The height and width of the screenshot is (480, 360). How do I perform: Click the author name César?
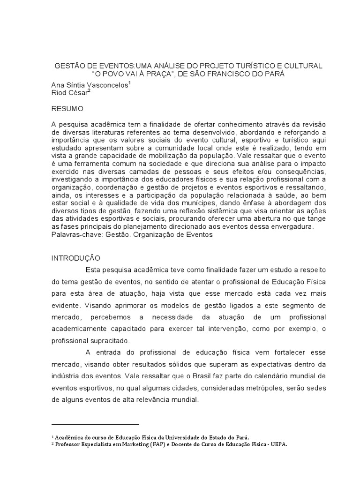(77, 93)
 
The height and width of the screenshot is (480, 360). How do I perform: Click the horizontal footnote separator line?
(95, 423)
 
